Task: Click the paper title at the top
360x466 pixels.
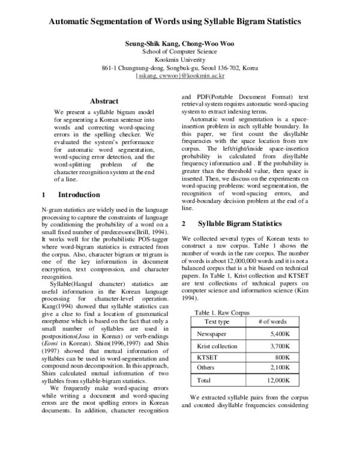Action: pos(180,22)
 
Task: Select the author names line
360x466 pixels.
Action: pos(180,44)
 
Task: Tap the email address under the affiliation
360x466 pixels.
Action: pos(180,76)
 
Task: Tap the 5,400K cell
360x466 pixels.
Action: pos(280,333)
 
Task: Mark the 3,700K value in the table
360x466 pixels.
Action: pos(280,346)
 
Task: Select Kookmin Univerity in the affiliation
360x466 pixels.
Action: pos(180,60)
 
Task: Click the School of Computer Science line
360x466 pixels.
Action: pos(180,52)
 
